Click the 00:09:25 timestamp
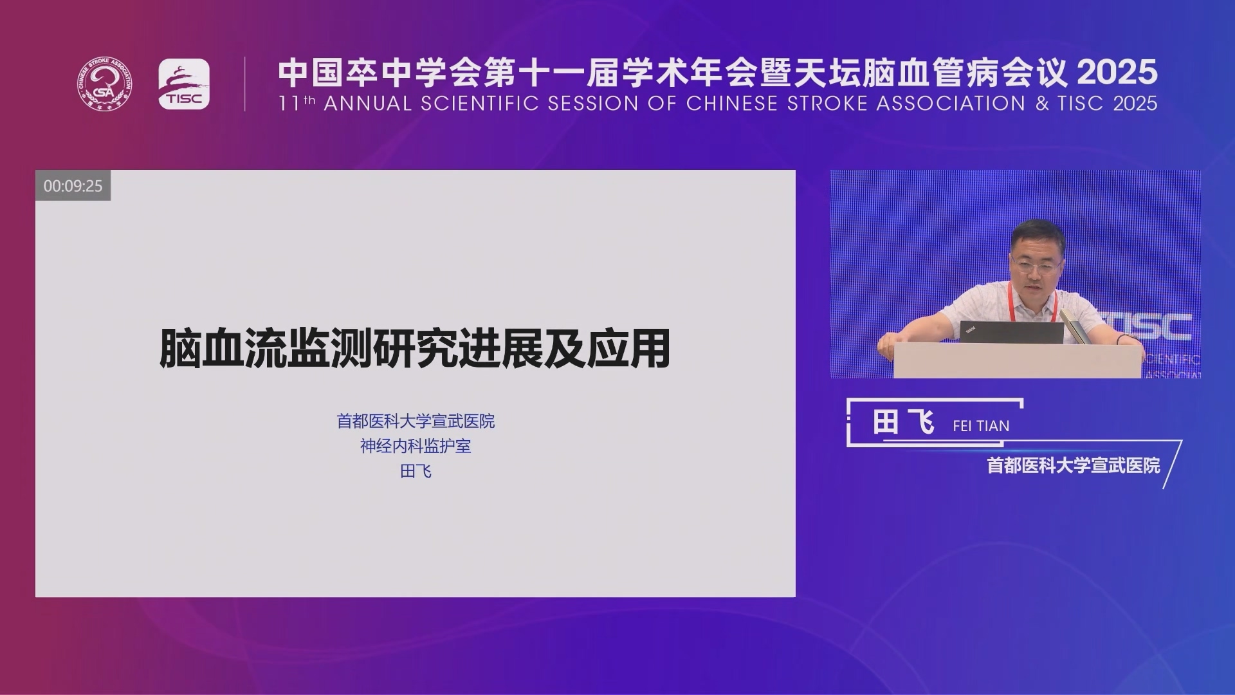tap(73, 186)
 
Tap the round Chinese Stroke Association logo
tap(105, 84)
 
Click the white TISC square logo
tap(184, 84)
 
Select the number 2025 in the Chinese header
tap(1117, 72)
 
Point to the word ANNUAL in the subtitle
tap(367, 104)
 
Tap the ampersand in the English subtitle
tap(1042, 104)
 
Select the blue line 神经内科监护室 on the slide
tap(416, 446)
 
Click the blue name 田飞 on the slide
tap(416, 471)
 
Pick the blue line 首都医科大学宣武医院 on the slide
tap(416, 421)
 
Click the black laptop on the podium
tap(1011, 332)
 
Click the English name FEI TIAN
tap(981, 426)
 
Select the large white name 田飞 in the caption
tap(903, 423)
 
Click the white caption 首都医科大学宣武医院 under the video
tap(1074, 465)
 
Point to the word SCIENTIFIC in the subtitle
tap(480, 104)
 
